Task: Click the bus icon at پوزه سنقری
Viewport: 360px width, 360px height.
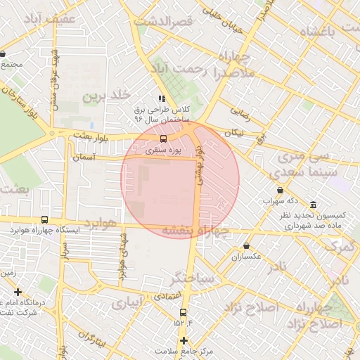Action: pyautogui.click(x=163, y=139)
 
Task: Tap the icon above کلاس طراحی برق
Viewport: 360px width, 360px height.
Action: pyautogui.click(x=162, y=99)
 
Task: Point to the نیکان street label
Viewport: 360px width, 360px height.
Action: pyautogui.click(x=233, y=132)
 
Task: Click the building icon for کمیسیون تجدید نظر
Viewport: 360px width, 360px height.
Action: pyautogui.click(x=313, y=205)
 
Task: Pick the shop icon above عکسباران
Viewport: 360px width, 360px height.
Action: pyautogui.click(x=246, y=246)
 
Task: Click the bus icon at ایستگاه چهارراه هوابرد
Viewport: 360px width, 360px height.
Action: pyautogui.click(x=45, y=219)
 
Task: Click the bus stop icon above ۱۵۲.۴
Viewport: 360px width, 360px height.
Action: pyautogui.click(x=183, y=311)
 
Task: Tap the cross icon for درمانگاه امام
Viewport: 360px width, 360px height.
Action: pyautogui.click(x=18, y=291)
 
